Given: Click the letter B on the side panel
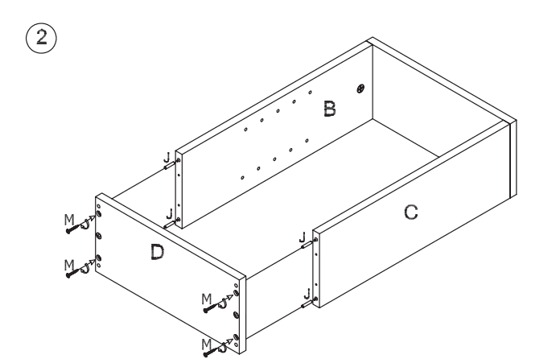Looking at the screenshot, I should [329, 109].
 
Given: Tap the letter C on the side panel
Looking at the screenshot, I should [410, 212].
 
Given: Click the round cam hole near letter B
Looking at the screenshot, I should [360, 87].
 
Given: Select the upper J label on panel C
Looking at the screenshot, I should [302, 237].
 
